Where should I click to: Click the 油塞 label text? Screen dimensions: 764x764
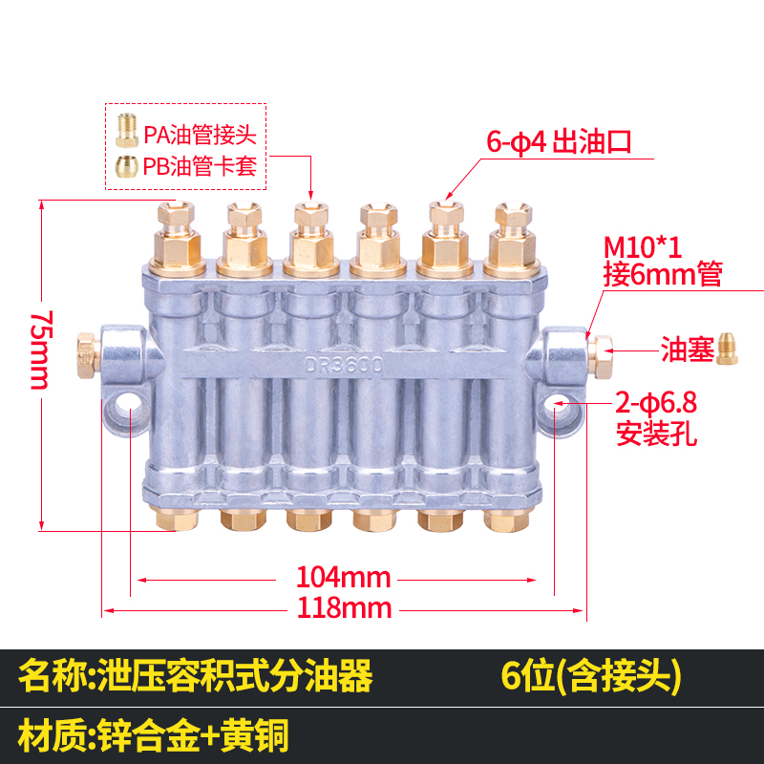688,350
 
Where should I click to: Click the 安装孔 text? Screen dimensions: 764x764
657,437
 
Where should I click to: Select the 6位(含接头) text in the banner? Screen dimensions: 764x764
591,677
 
